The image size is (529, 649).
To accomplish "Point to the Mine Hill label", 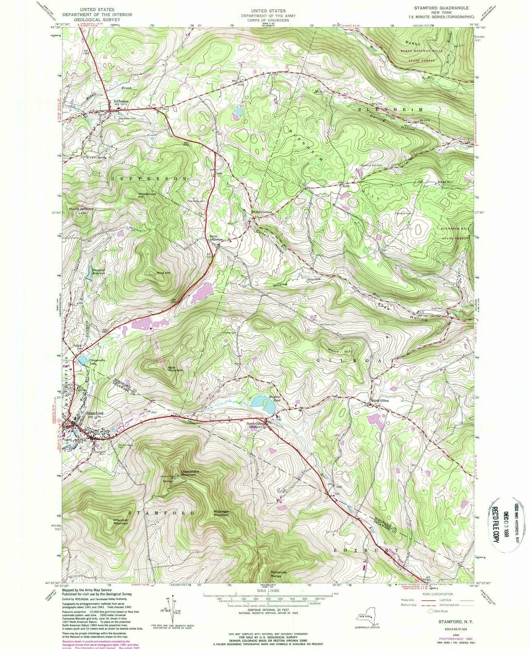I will pos(163,273).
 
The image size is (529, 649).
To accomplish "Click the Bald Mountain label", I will pos(175,369).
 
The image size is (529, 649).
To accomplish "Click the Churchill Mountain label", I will pos(120,522).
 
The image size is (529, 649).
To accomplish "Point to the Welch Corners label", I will pos(261,212).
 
